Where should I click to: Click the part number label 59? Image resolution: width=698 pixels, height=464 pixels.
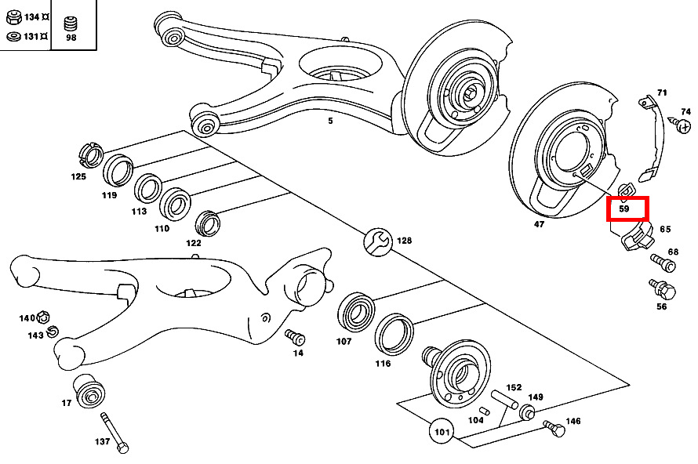point(624,209)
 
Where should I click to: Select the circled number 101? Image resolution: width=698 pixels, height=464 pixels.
point(441,431)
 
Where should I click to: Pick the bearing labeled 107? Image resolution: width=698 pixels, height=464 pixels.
point(358,314)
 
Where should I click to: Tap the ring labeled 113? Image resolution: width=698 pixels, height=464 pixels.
point(147,188)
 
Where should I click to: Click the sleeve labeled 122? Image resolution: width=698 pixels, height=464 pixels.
point(207,223)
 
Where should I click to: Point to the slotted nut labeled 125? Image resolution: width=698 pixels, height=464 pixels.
point(93,155)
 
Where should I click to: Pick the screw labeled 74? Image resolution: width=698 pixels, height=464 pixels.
point(680,124)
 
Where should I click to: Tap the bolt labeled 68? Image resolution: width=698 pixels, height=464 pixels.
point(661,263)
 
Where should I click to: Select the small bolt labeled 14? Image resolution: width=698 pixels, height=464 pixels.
point(295,337)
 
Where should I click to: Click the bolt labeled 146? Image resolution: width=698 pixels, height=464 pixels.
point(554,429)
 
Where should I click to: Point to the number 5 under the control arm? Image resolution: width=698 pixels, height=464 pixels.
point(330,121)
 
